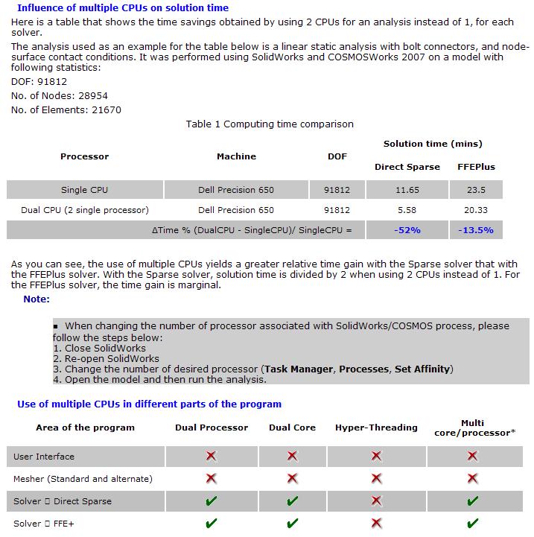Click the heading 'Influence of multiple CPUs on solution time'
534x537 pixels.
point(122,7)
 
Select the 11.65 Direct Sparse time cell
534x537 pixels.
point(407,190)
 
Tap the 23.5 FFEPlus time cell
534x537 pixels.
point(475,190)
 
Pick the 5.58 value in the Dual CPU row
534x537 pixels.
point(407,210)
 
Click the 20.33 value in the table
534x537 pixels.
point(475,210)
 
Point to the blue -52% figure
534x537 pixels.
point(407,230)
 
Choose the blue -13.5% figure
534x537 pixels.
point(475,230)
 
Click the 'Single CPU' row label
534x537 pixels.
point(84,190)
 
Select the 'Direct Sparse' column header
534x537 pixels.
point(407,167)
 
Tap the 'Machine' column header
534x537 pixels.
point(236,156)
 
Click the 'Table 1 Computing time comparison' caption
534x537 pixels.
point(270,124)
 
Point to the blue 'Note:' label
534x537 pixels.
point(36,299)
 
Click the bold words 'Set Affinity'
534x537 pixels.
point(422,369)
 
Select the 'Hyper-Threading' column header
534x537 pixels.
point(376,428)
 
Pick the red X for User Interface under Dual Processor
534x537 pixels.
point(212,457)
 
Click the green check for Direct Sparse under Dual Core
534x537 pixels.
point(292,501)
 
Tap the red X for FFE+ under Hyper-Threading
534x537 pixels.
point(376,524)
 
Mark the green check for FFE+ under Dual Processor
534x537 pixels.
point(212,524)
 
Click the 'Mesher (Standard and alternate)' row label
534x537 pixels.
point(83,479)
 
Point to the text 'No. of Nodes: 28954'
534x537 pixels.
point(60,96)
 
